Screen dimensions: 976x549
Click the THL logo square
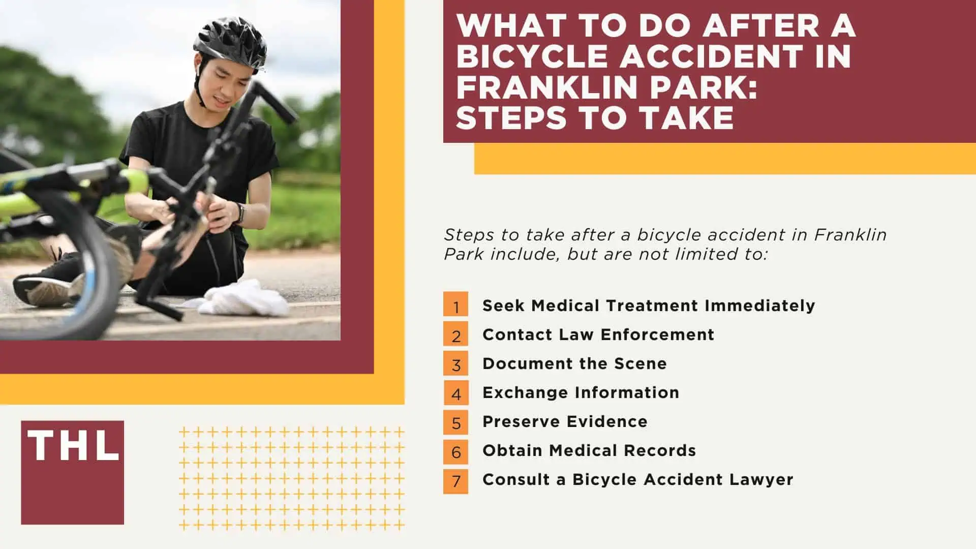72,472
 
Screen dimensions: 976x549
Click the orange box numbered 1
455,304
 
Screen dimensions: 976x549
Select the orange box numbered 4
455,392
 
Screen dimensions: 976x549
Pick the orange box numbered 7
455,481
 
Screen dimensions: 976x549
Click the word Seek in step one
503,306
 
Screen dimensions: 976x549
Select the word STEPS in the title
510,117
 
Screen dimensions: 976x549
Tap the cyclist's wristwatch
239,212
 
